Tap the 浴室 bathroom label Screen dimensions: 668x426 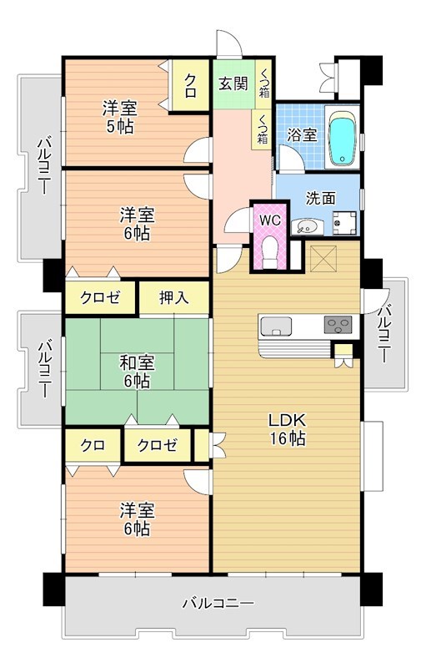[x=302, y=134]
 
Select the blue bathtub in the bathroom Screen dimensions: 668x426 [x=342, y=139]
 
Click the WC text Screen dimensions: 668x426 [x=269, y=220]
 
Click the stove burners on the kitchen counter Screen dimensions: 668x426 [x=338, y=324]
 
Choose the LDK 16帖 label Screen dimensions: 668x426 [x=286, y=429]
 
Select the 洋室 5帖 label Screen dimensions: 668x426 [x=119, y=117]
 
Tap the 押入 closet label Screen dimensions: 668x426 [x=173, y=298]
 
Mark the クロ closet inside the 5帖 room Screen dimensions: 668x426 [x=191, y=83]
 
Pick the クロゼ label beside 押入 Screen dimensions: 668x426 [x=100, y=298]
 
